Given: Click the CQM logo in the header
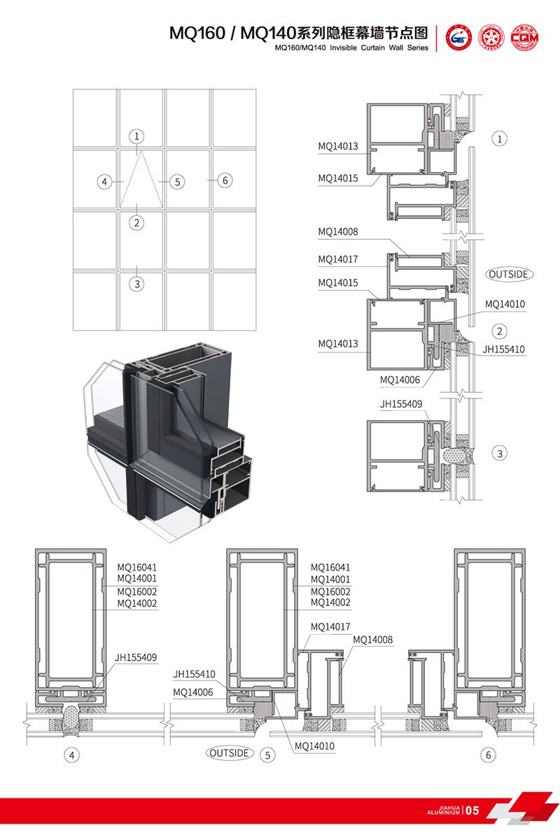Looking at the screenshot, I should click(524, 38).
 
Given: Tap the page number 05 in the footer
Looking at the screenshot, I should click(472, 811).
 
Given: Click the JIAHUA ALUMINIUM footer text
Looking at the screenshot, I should click(443, 811).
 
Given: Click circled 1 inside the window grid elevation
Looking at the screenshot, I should click(137, 136).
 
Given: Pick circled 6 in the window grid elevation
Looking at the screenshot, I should click(224, 180).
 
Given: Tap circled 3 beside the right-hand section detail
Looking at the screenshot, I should click(499, 454).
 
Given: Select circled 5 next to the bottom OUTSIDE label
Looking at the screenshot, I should click(266, 754).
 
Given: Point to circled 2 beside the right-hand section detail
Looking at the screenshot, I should click(499, 331).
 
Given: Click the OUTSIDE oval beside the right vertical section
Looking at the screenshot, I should click(508, 274).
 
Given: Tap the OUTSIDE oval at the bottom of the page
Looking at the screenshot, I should click(229, 753).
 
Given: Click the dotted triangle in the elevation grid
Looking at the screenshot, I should click(138, 178).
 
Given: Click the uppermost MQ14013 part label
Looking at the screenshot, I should click(338, 146).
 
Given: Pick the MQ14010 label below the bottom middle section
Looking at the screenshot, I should click(314, 746).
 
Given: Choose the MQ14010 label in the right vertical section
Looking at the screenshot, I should click(504, 304).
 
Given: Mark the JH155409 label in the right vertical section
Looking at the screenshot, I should click(401, 403).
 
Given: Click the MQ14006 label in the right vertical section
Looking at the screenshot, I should click(400, 380).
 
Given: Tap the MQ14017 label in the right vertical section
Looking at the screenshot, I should click(338, 259).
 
